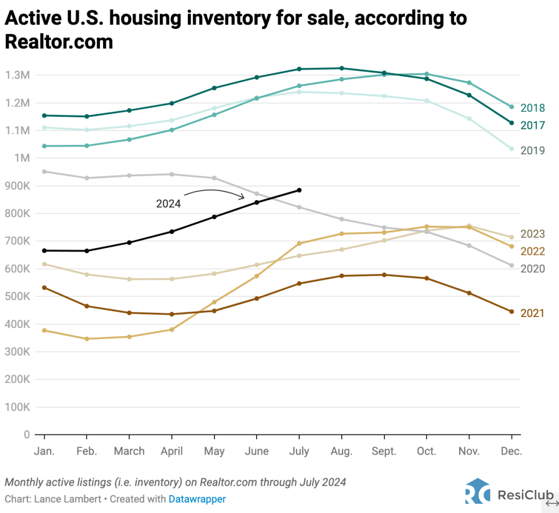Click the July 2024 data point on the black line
point(299,190)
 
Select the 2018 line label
point(532,108)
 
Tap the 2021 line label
point(532,313)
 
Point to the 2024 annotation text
point(168,204)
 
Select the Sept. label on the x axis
point(384,451)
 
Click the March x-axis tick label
point(129,451)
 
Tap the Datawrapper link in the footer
point(197,499)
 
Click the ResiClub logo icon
point(478,491)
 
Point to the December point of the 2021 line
point(512,312)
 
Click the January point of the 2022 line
point(44,330)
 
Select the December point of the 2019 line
point(512,148)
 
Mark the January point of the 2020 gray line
point(44,171)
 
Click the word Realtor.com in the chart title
point(59,41)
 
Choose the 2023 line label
point(532,234)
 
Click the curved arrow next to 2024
point(214,193)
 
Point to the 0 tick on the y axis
point(26,435)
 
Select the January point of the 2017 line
point(44,115)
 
